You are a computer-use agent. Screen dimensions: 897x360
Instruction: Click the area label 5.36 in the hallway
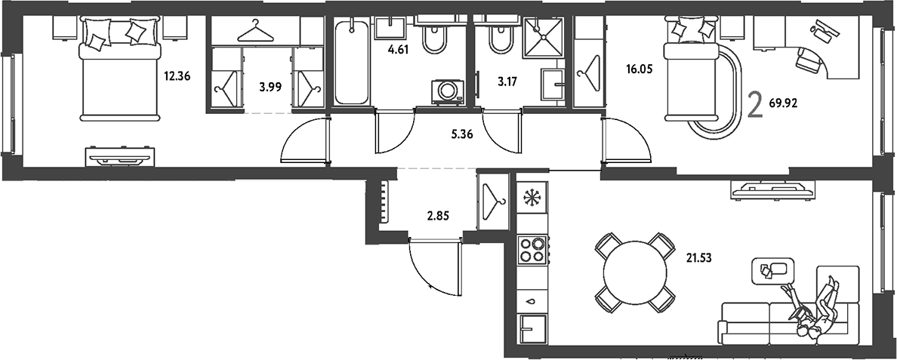coord(461,137)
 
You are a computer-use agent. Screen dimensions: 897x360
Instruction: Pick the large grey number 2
coord(756,106)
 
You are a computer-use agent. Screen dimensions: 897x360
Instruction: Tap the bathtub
coord(352,62)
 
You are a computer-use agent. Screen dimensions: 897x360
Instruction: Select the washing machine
coord(448,91)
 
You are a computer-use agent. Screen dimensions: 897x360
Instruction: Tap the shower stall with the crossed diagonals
coord(544,37)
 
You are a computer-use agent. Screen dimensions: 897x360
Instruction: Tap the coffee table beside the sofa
coord(772,269)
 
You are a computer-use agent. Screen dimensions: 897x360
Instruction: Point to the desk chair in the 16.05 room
coord(808,58)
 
